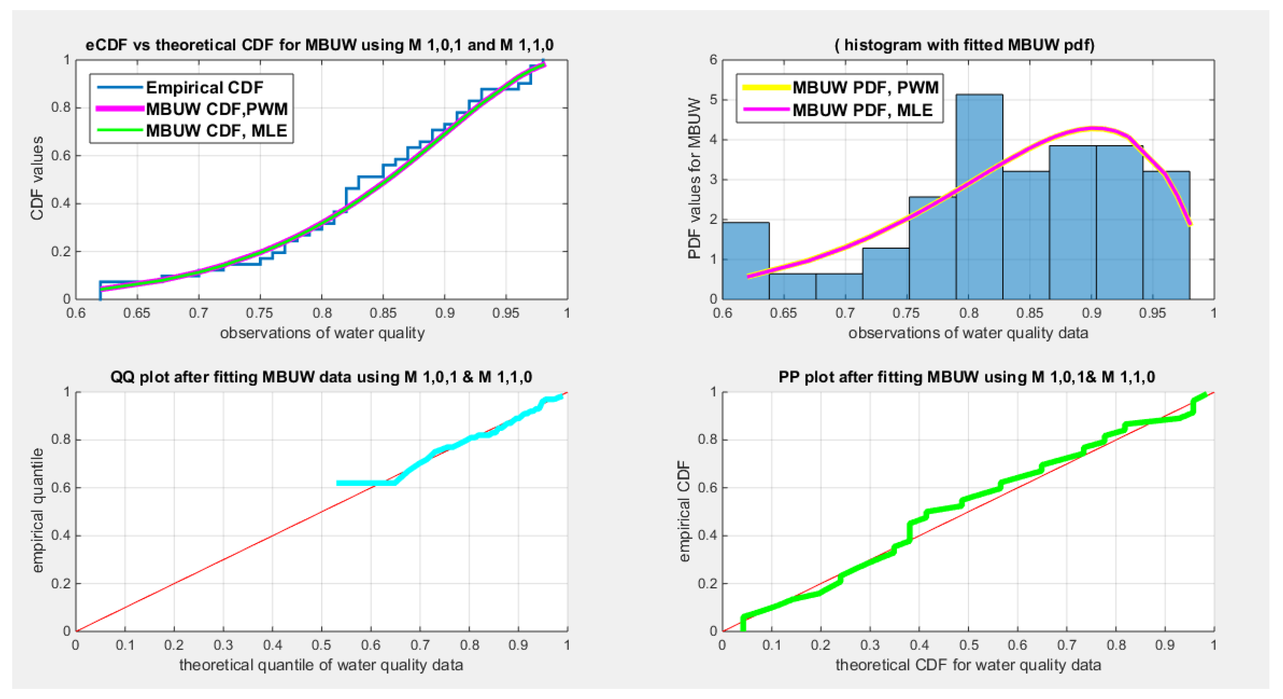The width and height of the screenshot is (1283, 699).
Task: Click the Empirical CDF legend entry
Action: (204, 88)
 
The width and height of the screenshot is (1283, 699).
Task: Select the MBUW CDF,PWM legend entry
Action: (217, 109)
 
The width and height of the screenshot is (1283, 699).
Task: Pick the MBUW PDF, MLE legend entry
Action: (862, 110)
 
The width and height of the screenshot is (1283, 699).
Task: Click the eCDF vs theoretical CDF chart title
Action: (319, 45)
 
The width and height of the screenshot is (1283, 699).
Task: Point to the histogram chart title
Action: (964, 45)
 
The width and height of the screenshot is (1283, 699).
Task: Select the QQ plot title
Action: (321, 377)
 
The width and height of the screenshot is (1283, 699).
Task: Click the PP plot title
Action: (966, 377)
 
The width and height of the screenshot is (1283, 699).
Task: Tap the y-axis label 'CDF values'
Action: (37, 178)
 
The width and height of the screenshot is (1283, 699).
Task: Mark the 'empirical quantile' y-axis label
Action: (37, 510)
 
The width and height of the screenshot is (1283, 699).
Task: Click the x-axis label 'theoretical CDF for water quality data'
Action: (968, 665)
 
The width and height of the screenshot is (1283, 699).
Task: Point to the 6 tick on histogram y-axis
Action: (713, 60)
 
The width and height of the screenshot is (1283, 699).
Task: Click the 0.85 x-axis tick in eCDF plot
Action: (383, 313)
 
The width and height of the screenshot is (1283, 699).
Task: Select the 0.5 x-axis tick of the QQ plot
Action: (321, 645)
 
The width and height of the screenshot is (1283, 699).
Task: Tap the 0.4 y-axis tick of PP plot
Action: (707, 536)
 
